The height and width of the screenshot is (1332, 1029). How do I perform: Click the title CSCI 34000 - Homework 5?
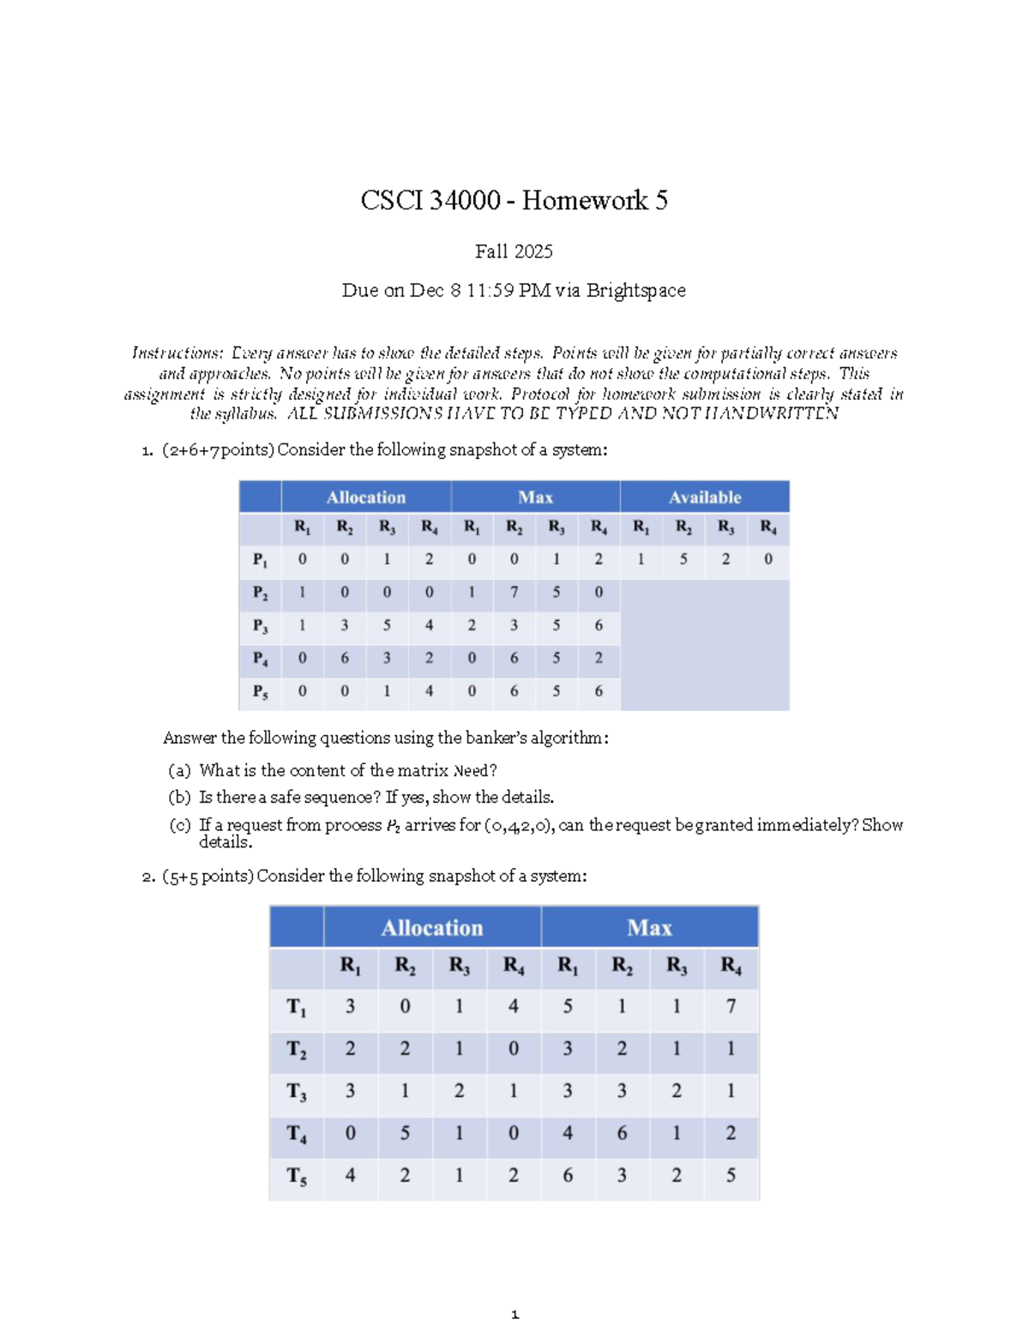tap(514, 201)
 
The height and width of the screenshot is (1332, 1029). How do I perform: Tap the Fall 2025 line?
tap(514, 251)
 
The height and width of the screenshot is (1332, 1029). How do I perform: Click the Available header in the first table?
tap(704, 497)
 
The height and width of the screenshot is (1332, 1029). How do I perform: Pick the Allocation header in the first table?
tap(365, 497)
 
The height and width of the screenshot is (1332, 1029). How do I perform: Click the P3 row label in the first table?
tap(260, 626)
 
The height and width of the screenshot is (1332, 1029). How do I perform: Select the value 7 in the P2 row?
tap(514, 592)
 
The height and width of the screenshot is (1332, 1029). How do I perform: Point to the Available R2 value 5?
tap(683, 559)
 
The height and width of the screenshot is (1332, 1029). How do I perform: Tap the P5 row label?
tap(260, 691)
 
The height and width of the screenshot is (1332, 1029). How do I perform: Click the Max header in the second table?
tap(649, 928)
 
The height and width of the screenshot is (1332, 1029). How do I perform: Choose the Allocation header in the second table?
tap(432, 928)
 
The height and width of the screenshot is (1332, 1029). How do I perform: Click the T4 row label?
tap(297, 1134)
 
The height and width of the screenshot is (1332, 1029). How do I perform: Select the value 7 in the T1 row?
tap(731, 1006)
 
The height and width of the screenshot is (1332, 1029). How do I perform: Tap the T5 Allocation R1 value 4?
tap(350, 1175)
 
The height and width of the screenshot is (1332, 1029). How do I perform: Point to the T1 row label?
tap(297, 1007)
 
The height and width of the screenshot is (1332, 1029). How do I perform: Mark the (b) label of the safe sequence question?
tap(179, 798)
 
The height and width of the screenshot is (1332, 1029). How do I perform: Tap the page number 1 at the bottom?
tap(514, 1315)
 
